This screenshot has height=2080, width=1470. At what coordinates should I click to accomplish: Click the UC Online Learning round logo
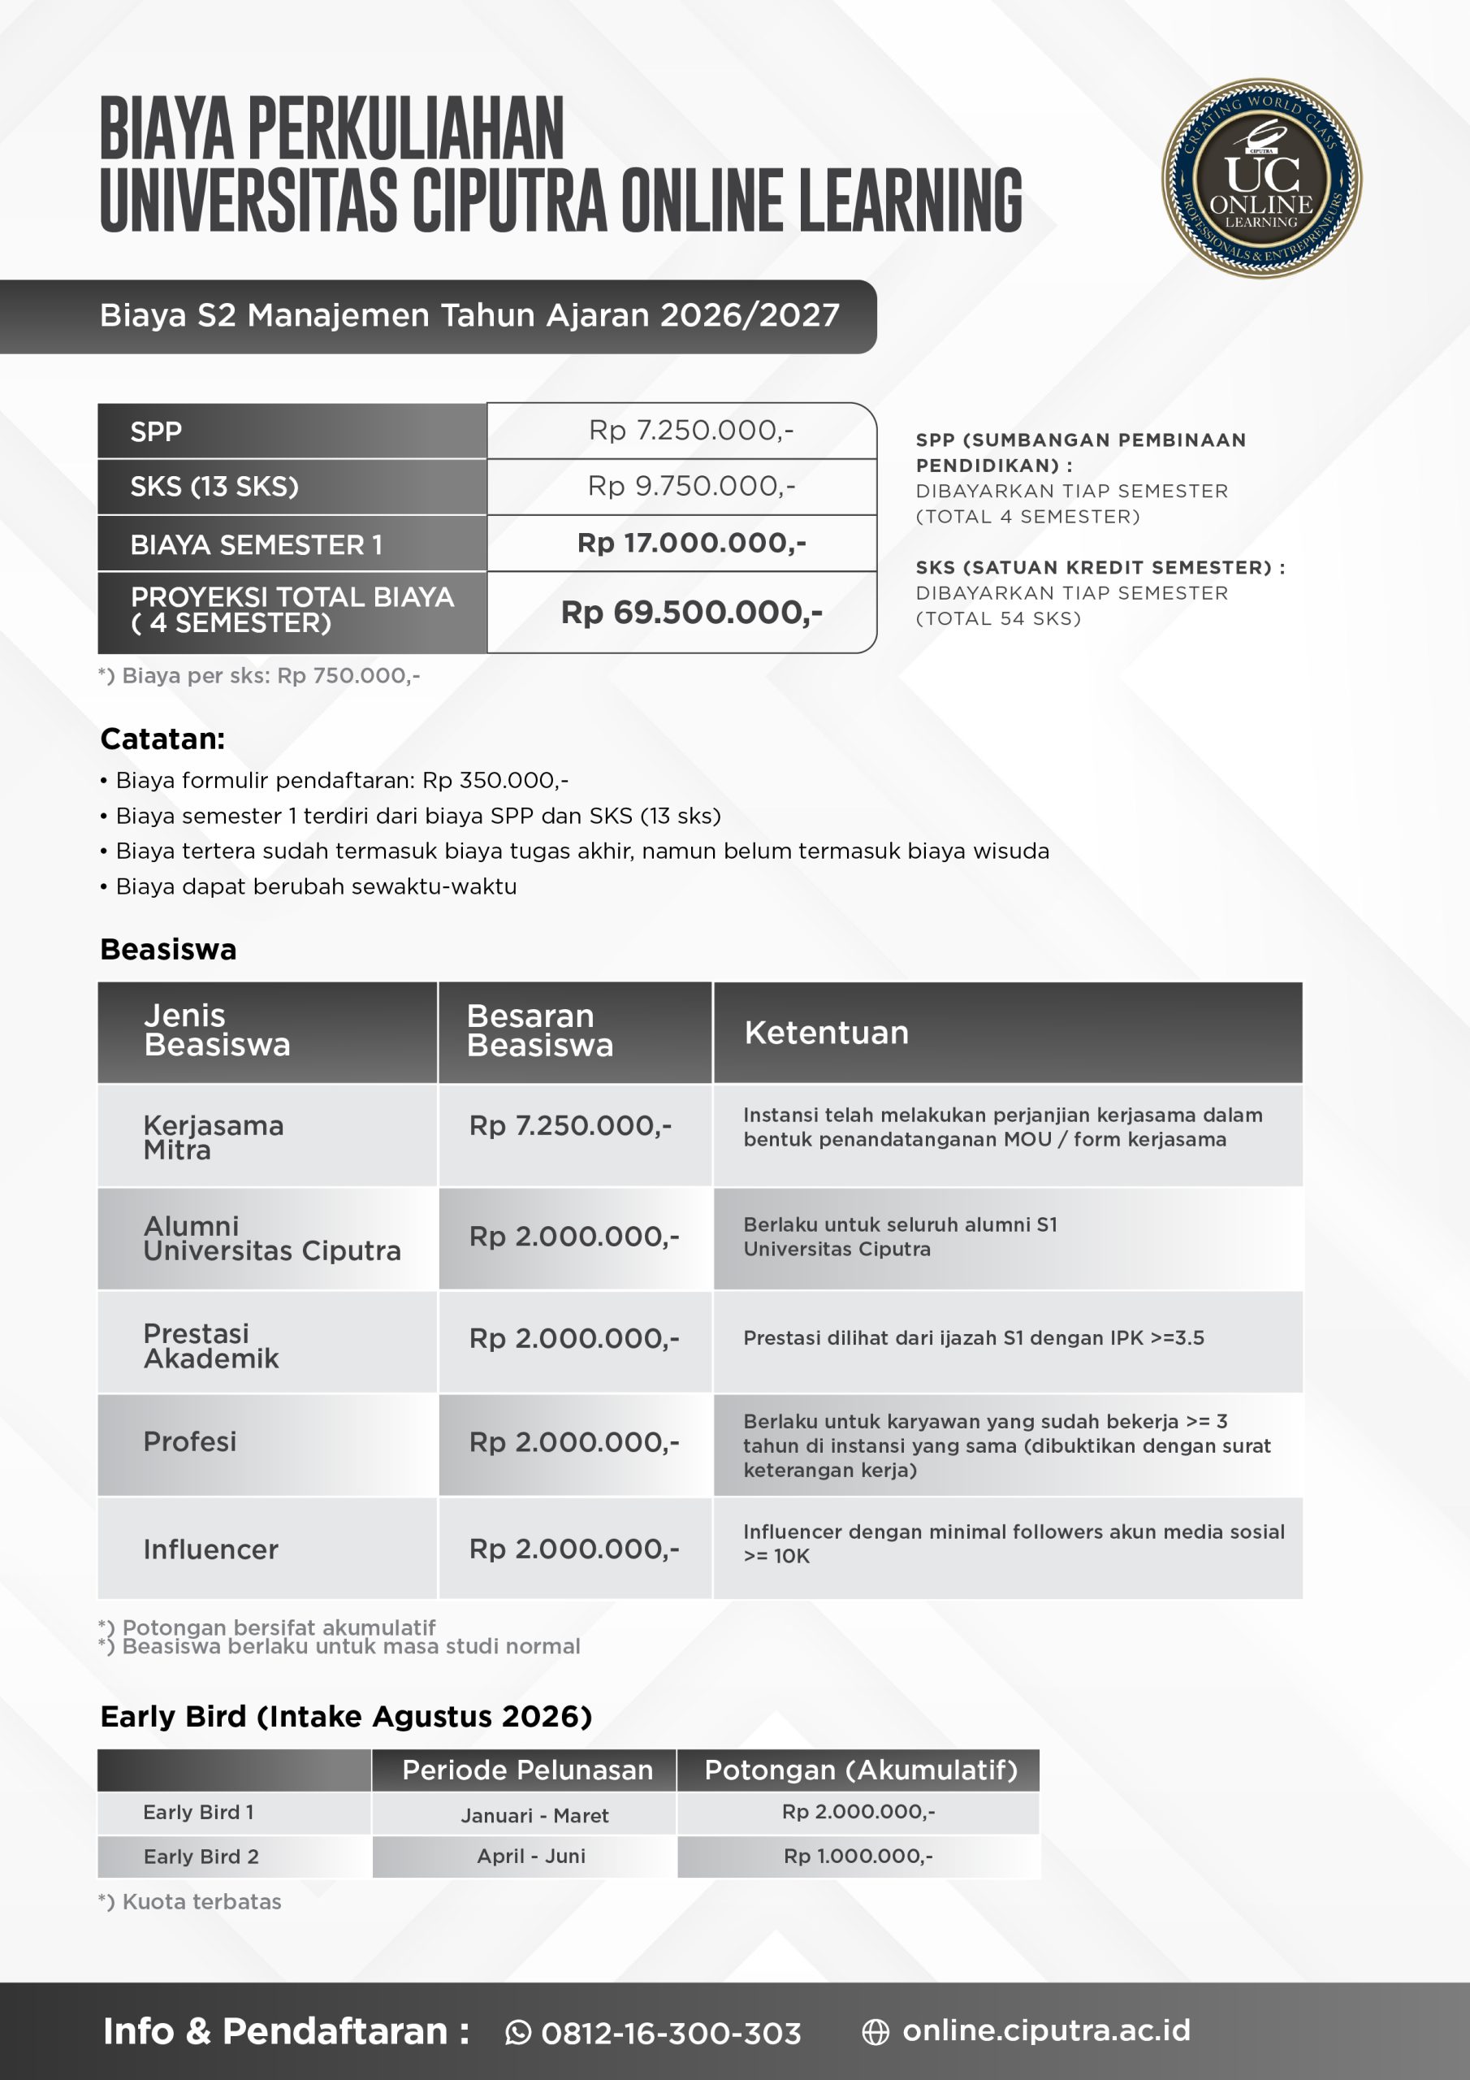click(x=1260, y=178)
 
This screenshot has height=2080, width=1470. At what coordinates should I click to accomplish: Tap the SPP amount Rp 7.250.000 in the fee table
click(x=690, y=431)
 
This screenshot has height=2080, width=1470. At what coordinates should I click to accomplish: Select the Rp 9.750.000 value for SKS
click(x=690, y=487)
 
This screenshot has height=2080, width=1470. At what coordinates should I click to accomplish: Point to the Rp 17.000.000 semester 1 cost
click(x=691, y=543)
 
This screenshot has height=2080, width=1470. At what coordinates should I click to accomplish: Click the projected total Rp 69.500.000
click(x=691, y=613)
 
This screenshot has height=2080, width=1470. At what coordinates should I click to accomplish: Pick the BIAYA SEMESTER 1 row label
click(x=257, y=544)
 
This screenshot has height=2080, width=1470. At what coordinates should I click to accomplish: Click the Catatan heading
click(x=162, y=739)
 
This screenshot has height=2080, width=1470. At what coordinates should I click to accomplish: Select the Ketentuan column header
click(x=826, y=1033)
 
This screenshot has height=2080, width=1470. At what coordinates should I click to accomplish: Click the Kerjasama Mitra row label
click(x=213, y=1137)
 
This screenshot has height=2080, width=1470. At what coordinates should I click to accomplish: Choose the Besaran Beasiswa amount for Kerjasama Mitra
click(x=569, y=1125)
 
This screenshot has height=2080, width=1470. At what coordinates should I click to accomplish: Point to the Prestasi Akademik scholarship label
click(x=211, y=1345)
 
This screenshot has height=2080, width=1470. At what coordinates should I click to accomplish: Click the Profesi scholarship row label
click(x=189, y=1441)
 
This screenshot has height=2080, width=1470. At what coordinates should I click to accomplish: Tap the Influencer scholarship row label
click(x=210, y=1549)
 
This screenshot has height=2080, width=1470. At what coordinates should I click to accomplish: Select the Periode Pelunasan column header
click(x=527, y=1770)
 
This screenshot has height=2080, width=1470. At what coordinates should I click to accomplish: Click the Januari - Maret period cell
click(x=534, y=1815)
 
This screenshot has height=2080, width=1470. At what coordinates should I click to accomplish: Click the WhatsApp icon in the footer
click(x=518, y=2033)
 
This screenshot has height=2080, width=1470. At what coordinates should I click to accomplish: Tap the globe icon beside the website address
click(x=875, y=2033)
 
